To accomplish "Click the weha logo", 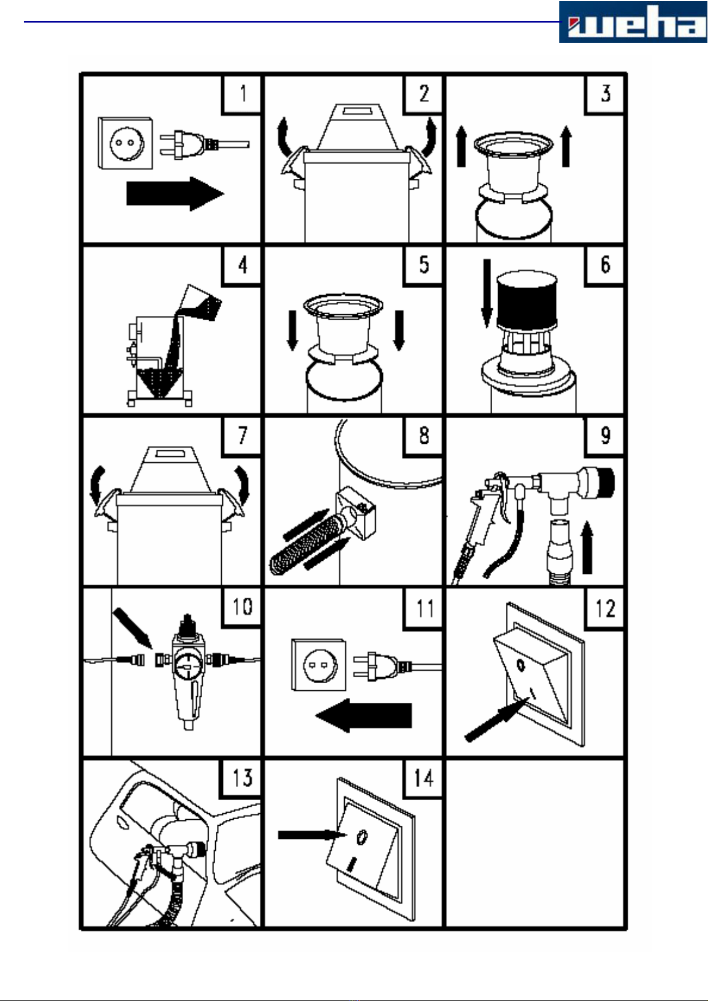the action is tap(633, 22).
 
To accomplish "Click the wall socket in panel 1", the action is tap(125, 143).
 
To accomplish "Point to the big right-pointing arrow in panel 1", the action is tap(175, 194).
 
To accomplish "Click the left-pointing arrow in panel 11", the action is tap(364, 715).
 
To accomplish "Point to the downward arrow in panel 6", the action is tap(487, 293).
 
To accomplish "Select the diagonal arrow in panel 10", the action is tap(133, 627).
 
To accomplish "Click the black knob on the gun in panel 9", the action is tap(605, 482).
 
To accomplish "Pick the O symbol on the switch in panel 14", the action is tap(361, 837).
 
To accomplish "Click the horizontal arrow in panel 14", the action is tap(312, 834).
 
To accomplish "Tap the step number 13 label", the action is tap(241, 778).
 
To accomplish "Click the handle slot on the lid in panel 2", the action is tap(357, 109).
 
